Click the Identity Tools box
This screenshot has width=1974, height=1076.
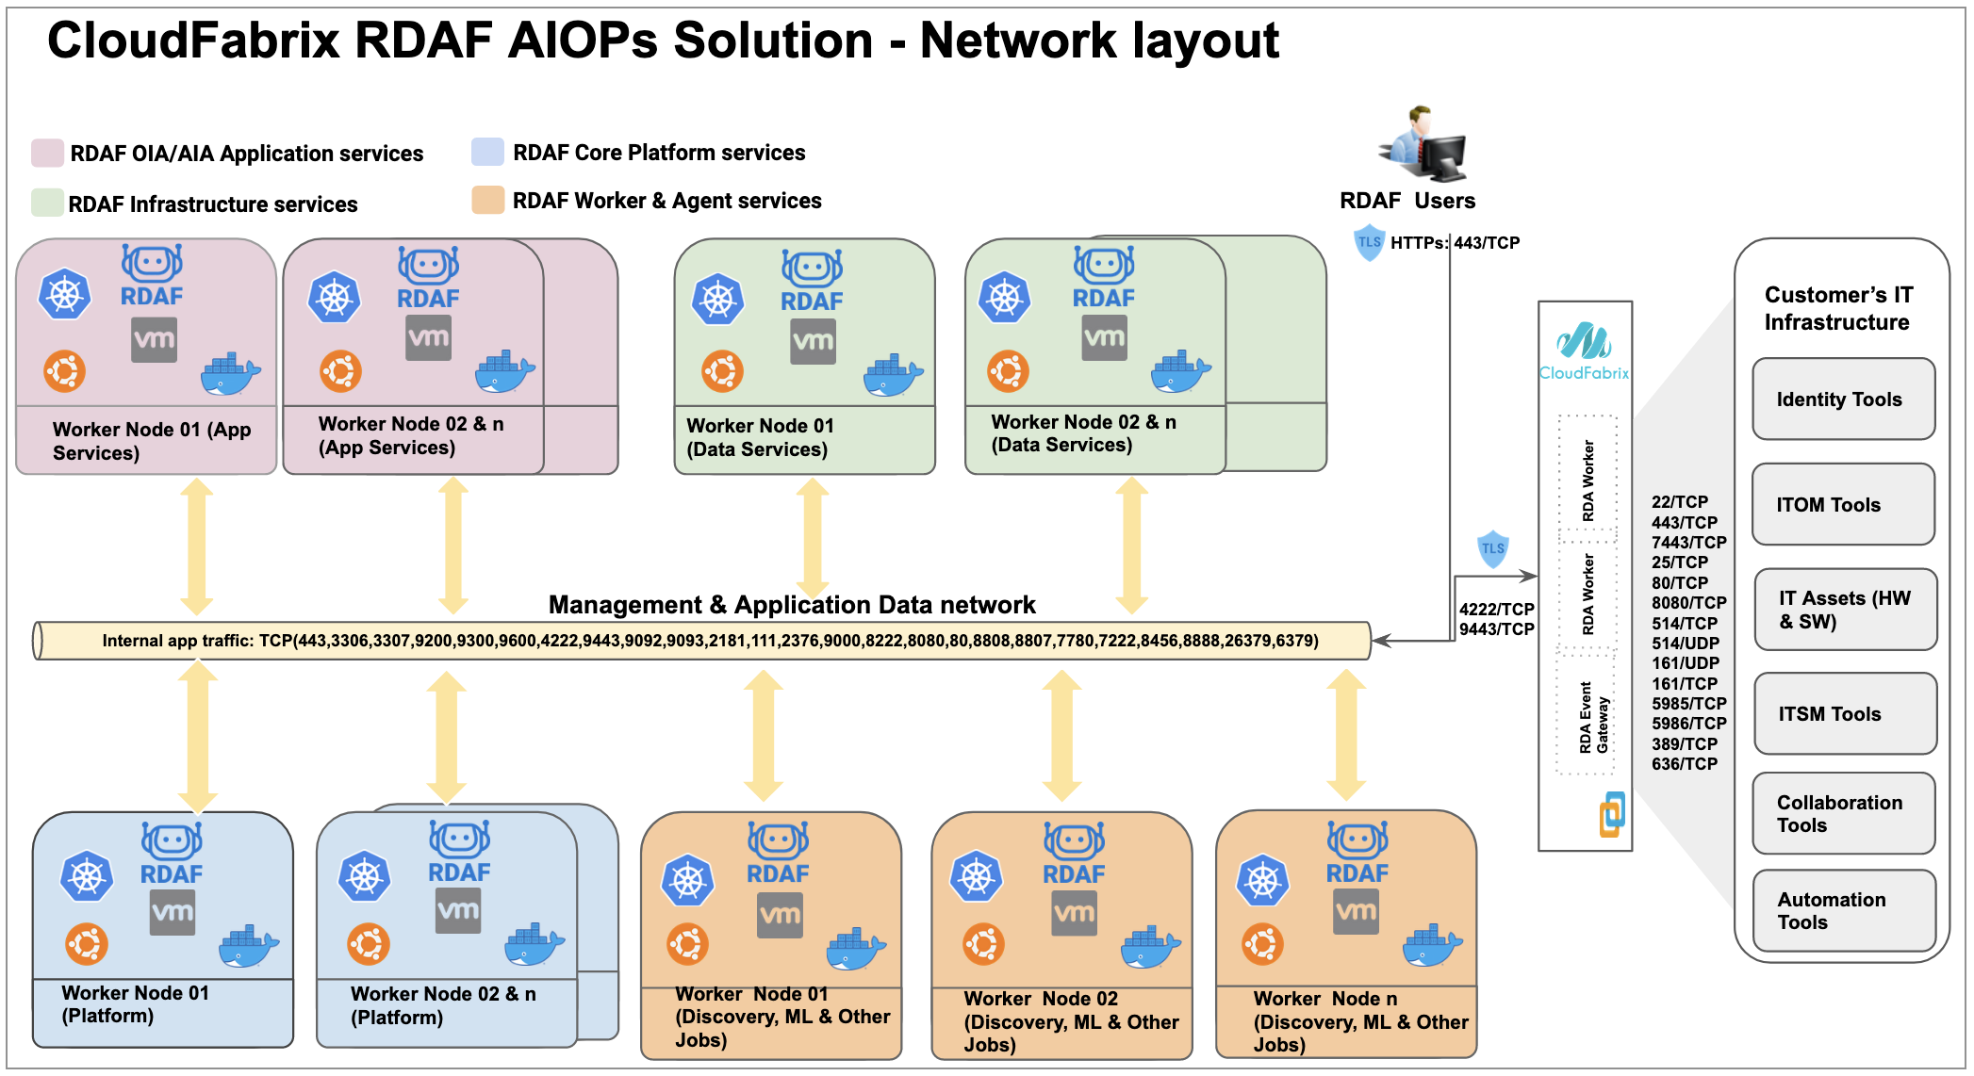pyautogui.click(x=1843, y=399)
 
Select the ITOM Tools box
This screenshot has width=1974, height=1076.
pyautogui.click(x=1843, y=505)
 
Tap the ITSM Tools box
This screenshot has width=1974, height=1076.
pyautogui.click(x=1845, y=714)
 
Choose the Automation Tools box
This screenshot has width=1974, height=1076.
pyautogui.click(x=1843, y=911)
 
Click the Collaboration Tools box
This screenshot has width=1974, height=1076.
pyautogui.click(x=1843, y=814)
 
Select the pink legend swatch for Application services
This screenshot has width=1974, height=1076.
pyautogui.click(x=47, y=154)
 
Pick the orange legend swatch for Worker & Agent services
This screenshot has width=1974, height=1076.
pyautogui.click(x=487, y=200)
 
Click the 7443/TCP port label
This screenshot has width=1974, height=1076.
pyautogui.click(x=1688, y=543)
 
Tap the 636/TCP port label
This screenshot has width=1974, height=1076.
pyautogui.click(x=1684, y=764)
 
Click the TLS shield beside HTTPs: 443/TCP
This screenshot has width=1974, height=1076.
pyautogui.click(x=1369, y=242)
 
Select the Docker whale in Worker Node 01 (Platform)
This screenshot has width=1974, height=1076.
pyautogui.click(x=249, y=947)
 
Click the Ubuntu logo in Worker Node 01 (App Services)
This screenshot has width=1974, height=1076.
pyautogui.click(x=64, y=371)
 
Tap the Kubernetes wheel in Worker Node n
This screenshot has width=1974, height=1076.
pyautogui.click(x=1262, y=881)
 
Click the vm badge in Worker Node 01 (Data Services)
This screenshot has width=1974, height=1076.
pyautogui.click(x=813, y=341)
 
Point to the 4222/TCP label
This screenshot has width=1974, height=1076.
pyautogui.click(x=1496, y=610)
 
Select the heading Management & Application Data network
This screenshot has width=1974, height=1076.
pyautogui.click(x=792, y=605)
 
